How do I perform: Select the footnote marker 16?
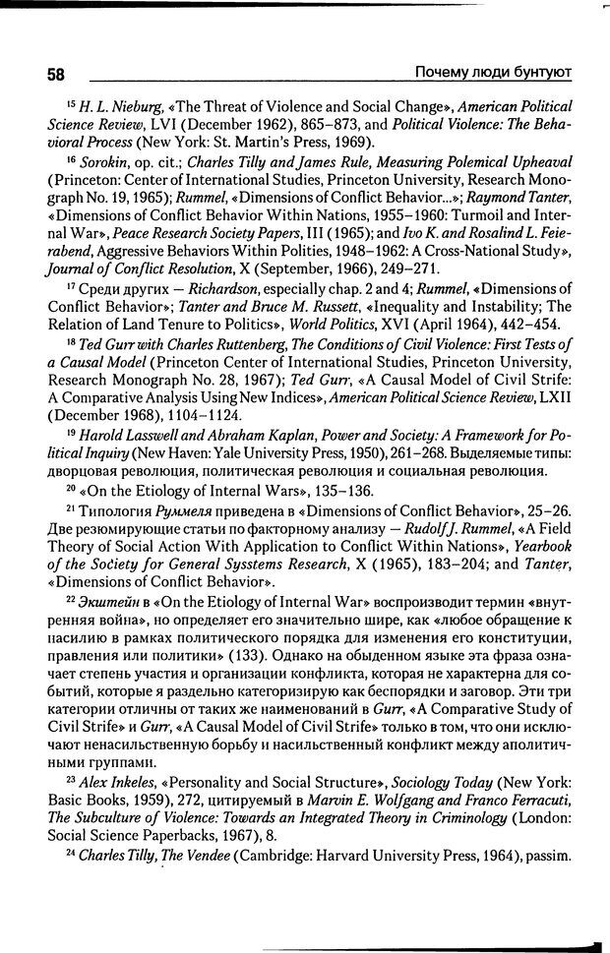71,157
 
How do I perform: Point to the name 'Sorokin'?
102,159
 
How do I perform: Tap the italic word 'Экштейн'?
107,598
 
